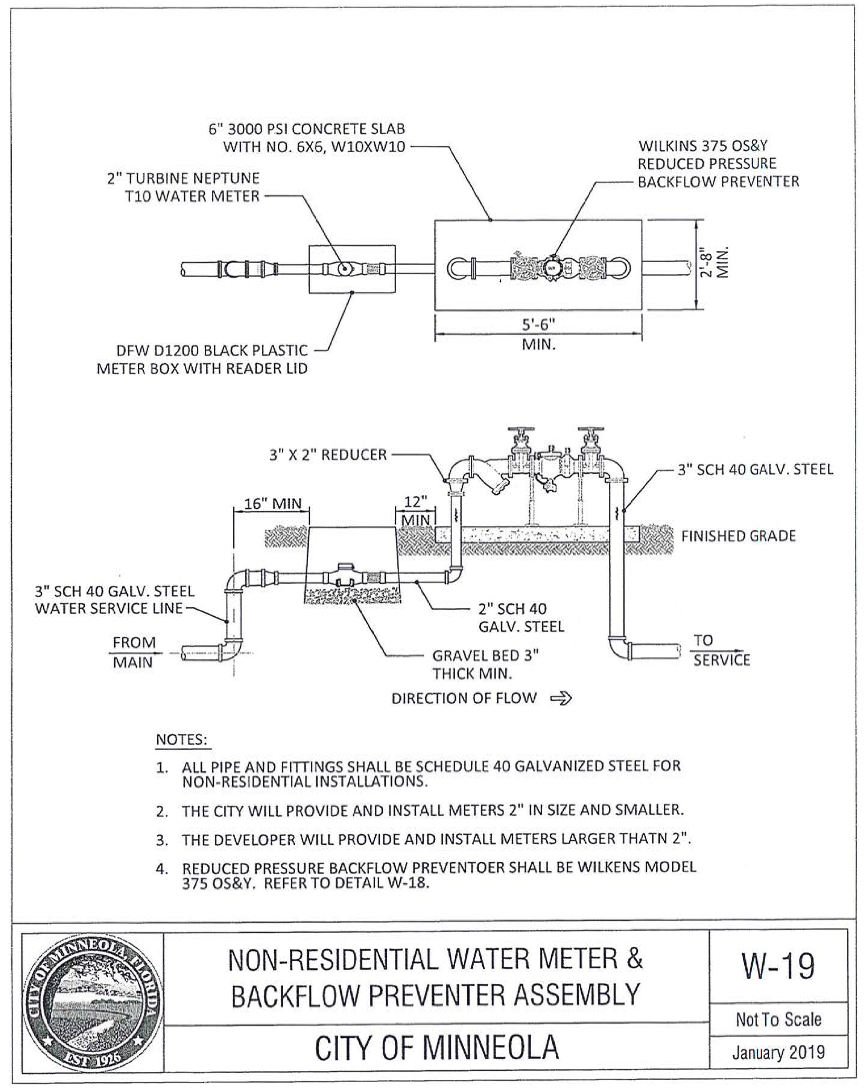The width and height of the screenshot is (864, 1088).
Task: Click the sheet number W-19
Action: coord(778,966)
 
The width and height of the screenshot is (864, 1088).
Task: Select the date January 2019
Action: coord(778,1052)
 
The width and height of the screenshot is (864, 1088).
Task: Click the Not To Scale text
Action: coord(778,1019)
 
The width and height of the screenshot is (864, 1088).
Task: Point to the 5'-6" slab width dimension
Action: coord(538,333)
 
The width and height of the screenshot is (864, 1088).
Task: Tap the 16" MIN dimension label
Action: coord(273,503)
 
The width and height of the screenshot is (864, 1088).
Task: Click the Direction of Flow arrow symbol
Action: coord(561,698)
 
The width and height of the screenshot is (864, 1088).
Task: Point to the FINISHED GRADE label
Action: coord(738,536)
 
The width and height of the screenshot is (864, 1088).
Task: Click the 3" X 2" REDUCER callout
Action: coord(328,455)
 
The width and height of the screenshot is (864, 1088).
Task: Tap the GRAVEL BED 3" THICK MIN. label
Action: coord(486,664)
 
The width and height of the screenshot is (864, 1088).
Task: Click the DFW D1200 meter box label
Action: coord(202,359)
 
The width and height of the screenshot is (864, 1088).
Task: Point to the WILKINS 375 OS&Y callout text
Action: coord(719,163)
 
